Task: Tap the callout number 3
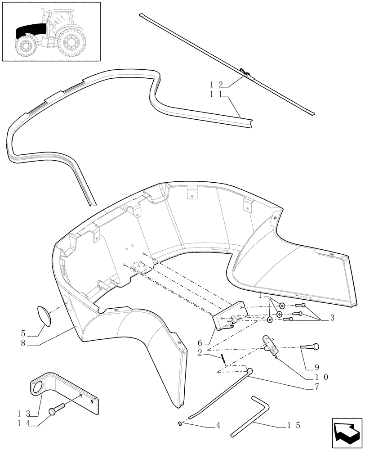332,318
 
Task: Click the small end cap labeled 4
181,423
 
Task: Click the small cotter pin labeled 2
223,357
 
